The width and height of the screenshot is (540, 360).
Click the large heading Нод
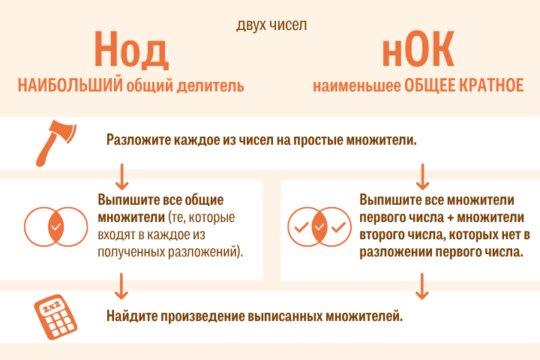131,50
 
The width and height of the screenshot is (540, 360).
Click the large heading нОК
418,49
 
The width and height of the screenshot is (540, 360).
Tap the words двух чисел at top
271,25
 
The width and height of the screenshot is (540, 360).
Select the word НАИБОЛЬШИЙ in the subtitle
70,85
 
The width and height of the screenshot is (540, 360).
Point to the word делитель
211,85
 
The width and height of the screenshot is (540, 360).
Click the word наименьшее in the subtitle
357,85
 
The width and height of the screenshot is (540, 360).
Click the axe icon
55,143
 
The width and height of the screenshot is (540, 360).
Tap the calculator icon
55,317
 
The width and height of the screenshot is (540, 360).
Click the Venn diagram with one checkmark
55,226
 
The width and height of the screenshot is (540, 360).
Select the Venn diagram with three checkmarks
319,226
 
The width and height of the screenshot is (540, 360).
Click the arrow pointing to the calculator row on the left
121,286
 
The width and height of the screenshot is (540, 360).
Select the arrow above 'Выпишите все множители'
422,177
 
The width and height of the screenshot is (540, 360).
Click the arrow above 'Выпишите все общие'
121,177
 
